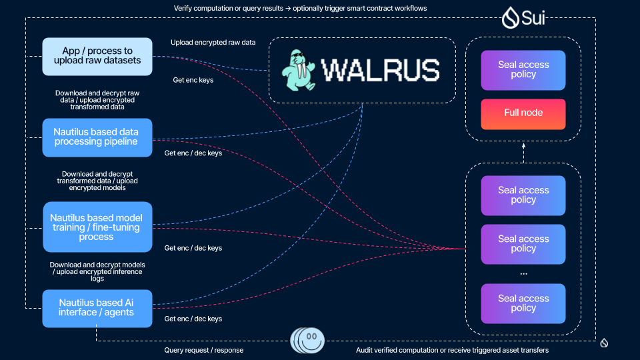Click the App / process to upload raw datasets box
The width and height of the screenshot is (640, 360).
97,56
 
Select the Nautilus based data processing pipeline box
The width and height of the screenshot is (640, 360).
97,137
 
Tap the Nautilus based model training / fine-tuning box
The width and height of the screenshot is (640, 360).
97,227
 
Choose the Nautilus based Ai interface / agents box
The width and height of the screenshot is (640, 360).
97,307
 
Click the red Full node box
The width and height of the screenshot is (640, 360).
523,113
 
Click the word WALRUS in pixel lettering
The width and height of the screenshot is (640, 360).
380,69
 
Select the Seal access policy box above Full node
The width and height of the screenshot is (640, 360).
523,70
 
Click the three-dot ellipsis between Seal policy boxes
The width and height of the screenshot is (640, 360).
523,274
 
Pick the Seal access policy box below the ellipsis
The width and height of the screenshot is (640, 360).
523,303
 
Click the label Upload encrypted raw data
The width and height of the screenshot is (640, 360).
213,43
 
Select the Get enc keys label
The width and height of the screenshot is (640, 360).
193,80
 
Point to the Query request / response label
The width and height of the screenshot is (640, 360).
204,350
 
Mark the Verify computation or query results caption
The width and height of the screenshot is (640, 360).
300,8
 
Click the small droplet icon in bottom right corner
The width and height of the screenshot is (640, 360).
604,343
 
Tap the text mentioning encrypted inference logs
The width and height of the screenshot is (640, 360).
97,271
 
